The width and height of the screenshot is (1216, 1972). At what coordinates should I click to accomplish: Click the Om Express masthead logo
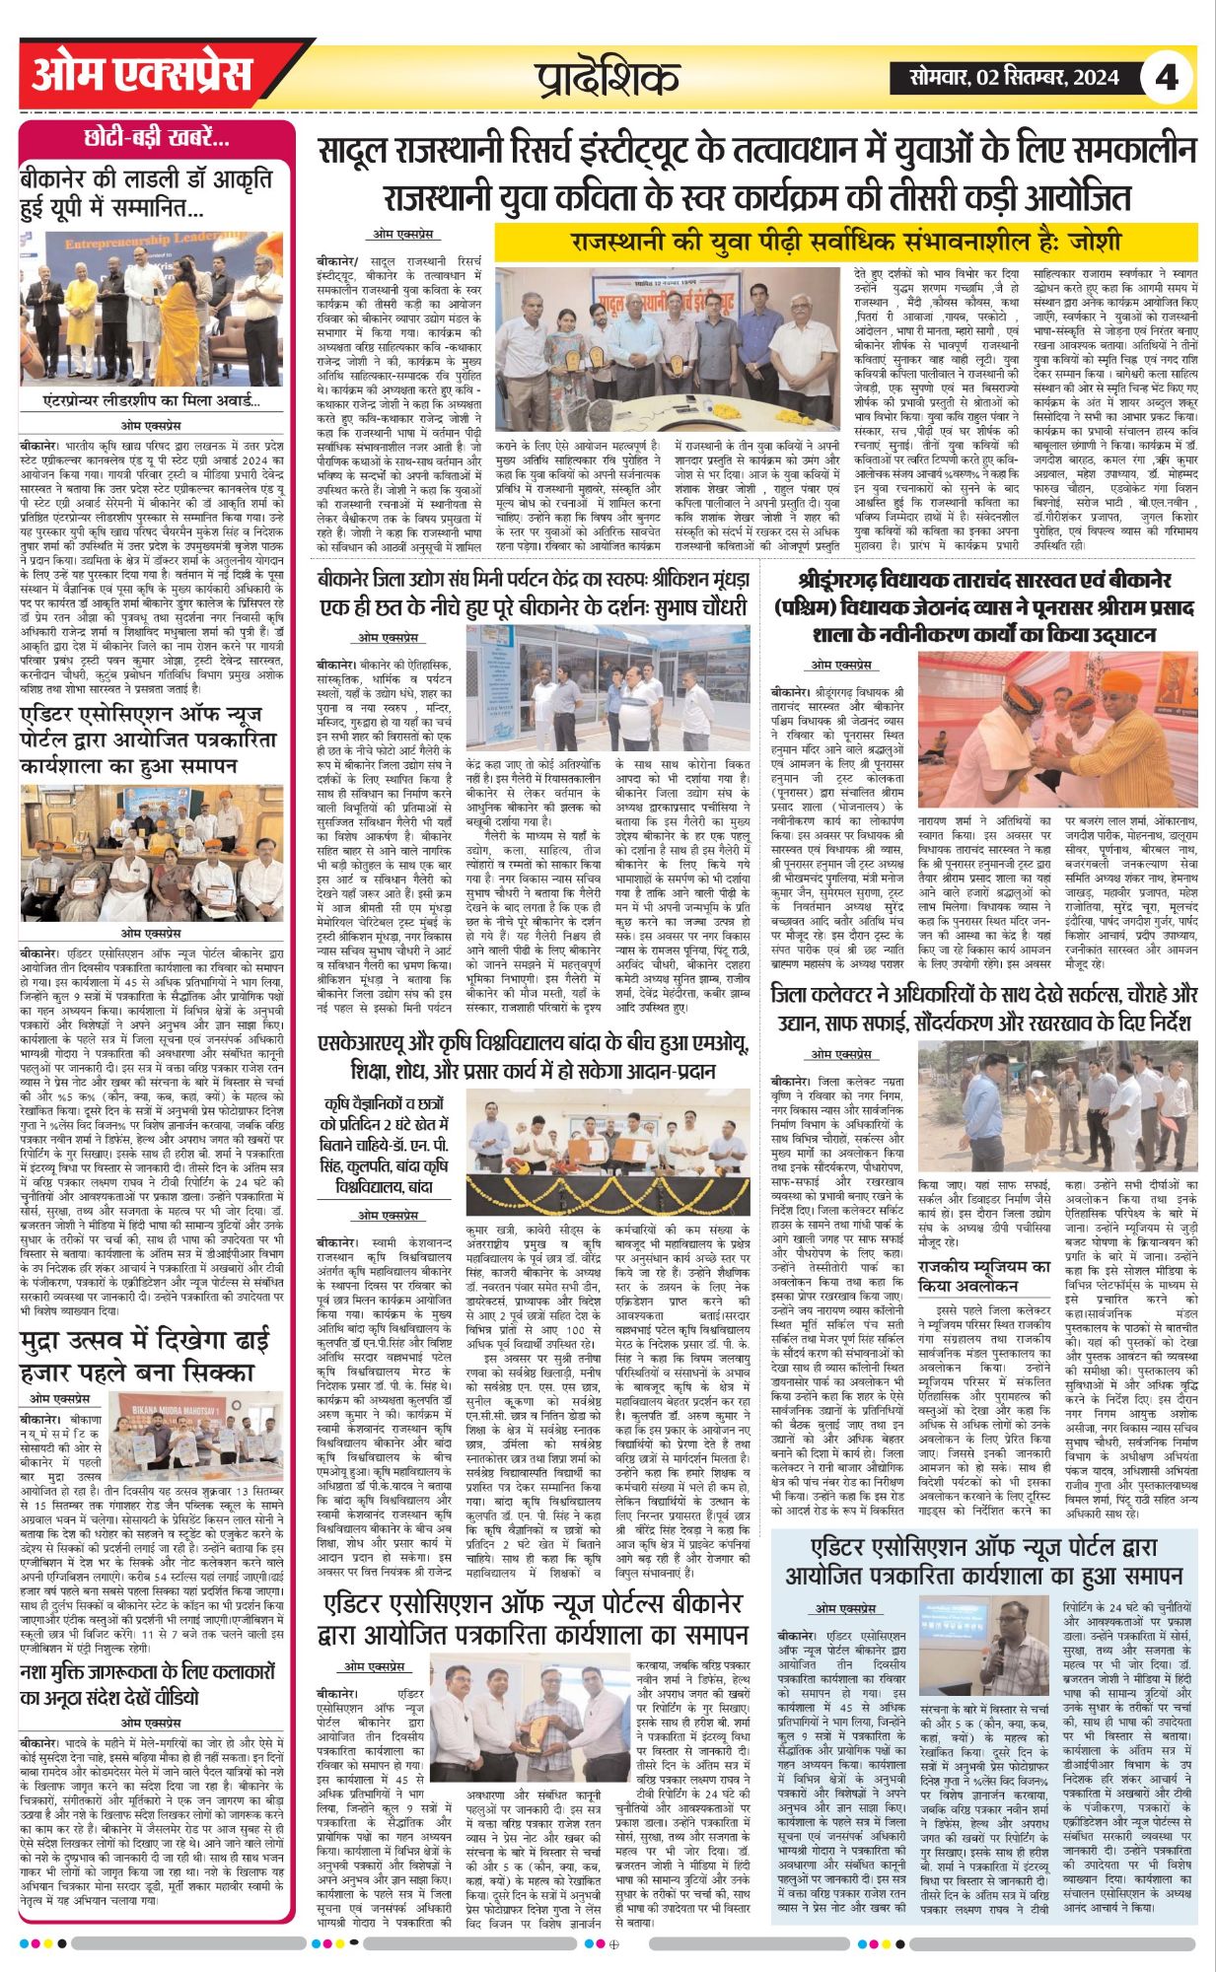click(142, 75)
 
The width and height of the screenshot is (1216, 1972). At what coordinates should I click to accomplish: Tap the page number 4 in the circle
click(1167, 77)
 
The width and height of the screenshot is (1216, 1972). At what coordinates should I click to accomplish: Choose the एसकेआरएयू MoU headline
click(533, 1055)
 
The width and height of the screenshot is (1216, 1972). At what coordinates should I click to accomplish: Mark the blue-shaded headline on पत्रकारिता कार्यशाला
click(983, 1560)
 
